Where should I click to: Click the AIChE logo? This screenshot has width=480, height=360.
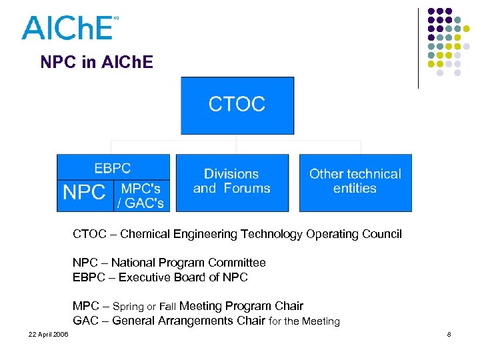pos(69,28)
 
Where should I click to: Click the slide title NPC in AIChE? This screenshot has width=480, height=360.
pos(97,63)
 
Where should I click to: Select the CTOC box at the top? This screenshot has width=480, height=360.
pos(237,105)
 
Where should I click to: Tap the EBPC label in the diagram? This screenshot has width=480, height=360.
pos(113,168)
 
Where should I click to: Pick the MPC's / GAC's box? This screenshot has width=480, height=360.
pos(142,196)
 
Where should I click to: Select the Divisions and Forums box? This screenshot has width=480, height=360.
pos(232,182)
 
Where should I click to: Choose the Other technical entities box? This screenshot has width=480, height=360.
pos(355,182)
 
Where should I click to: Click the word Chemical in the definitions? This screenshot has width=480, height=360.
pos(145,234)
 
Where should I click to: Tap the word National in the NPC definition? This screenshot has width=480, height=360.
pos(133,263)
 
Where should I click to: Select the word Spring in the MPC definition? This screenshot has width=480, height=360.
pos(128,307)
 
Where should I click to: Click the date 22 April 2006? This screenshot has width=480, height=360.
pos(48,334)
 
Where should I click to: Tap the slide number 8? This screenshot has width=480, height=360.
pos(449,334)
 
